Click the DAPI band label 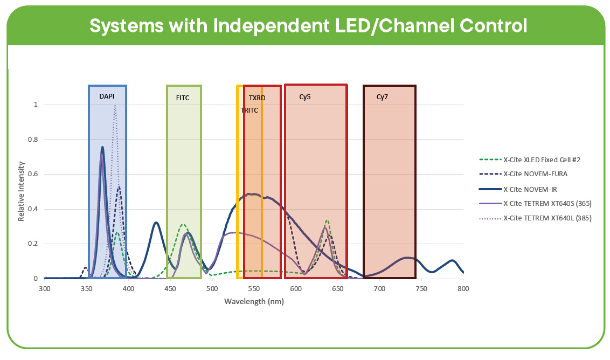107,96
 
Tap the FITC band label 183,98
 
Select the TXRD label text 257,98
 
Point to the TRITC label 249,110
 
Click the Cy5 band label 305,97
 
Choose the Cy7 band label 382,97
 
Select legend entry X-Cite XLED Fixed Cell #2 541,160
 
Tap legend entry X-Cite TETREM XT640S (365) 547,204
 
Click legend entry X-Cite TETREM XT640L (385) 547,218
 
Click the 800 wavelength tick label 463,289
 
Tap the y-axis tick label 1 36,105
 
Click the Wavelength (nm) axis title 254,301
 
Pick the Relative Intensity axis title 22,191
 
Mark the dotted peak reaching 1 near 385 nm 115,106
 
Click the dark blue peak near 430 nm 156,223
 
